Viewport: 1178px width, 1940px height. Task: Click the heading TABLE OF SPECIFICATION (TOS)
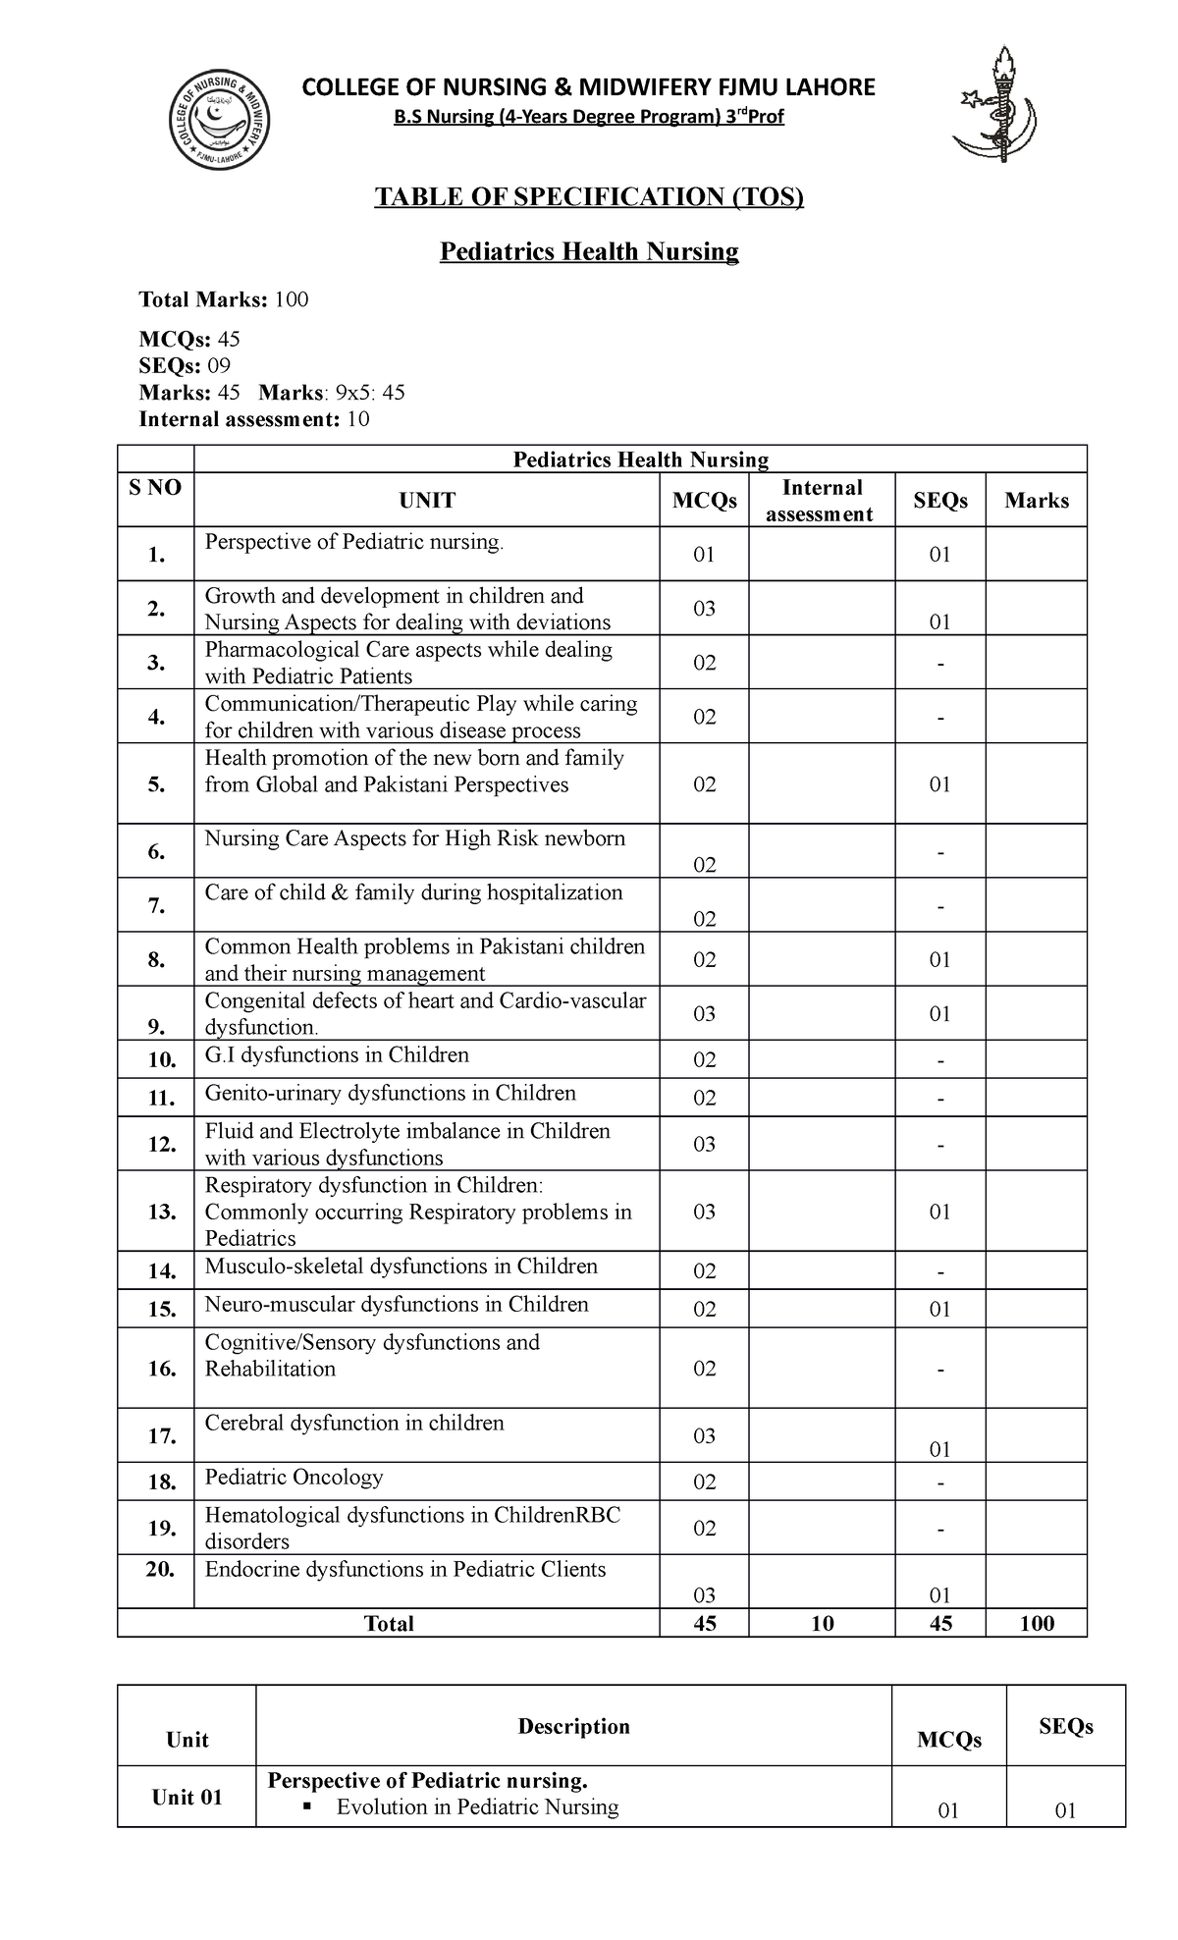coord(588,197)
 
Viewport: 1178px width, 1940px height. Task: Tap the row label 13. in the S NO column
coord(162,1212)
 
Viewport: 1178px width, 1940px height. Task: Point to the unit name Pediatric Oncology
coord(294,1478)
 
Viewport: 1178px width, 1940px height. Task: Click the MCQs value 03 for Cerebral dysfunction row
coord(704,1436)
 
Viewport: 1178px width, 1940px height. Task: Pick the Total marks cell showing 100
coord(1036,1624)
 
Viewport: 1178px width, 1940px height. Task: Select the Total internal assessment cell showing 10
coord(822,1624)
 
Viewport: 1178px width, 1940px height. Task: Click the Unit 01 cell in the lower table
coord(187,1797)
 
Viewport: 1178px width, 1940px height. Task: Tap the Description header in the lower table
coord(573,1726)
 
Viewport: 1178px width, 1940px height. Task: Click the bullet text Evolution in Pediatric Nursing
coord(477,1807)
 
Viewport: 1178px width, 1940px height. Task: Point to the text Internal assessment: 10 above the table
coord(254,420)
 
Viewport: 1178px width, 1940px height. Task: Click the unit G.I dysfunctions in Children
coord(337,1055)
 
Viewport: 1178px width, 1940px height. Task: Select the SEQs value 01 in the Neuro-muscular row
coord(939,1310)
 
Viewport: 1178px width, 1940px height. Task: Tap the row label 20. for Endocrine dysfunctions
coord(159,1570)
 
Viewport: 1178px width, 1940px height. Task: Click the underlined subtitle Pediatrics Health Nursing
coord(588,252)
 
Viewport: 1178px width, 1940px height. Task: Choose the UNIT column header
coord(427,501)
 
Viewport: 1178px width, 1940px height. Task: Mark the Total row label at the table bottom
coord(389,1624)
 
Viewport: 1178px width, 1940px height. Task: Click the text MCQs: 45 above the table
coord(189,340)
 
